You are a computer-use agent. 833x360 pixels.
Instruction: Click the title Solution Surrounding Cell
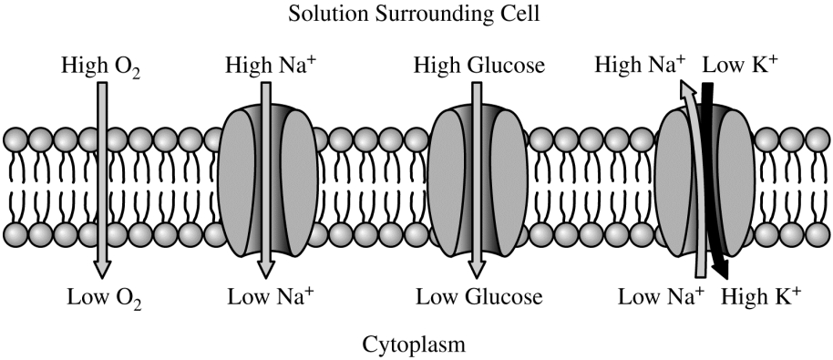point(416,15)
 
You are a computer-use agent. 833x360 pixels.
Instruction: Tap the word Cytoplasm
point(416,345)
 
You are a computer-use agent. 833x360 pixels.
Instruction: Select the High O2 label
point(99,66)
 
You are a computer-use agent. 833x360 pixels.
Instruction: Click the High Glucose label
point(478,66)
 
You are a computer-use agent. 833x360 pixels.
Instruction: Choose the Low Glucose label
point(478,296)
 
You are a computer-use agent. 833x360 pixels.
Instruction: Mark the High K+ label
point(763,296)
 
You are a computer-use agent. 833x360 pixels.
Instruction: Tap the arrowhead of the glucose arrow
point(477,269)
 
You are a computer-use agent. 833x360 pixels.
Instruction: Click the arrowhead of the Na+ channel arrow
point(265,269)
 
